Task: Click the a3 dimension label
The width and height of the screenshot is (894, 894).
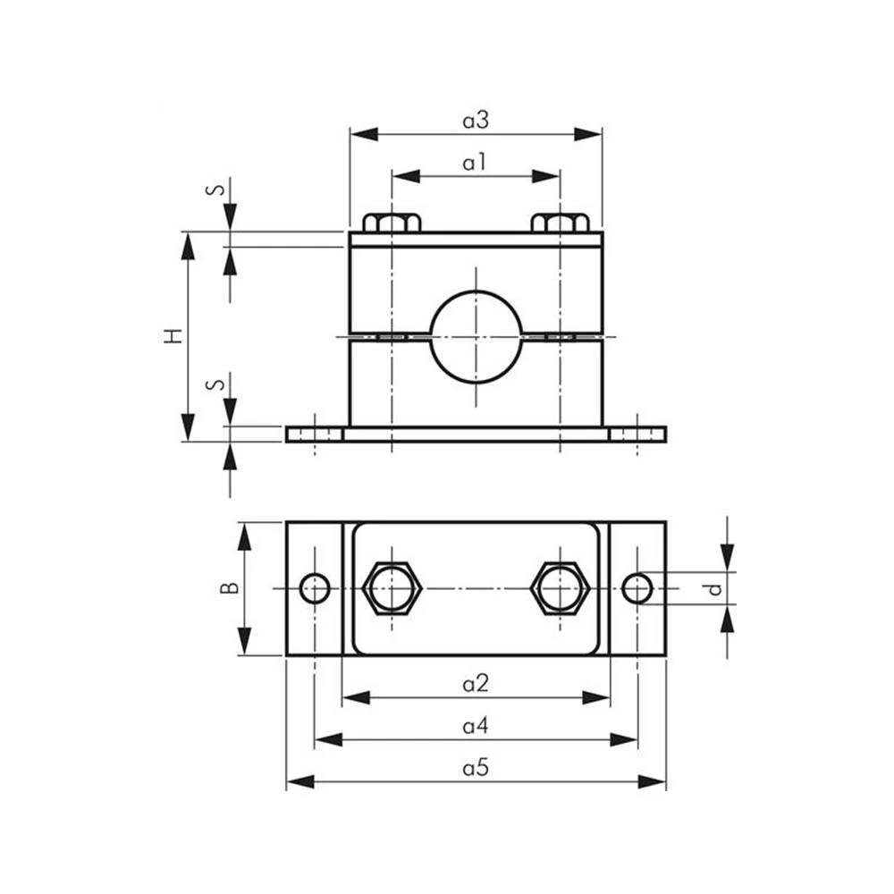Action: (476, 121)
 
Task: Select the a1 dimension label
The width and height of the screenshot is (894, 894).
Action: (475, 163)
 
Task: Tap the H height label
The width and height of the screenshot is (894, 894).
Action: (173, 335)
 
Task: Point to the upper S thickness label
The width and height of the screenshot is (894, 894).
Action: (215, 188)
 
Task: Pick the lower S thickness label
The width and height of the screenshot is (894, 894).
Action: (215, 384)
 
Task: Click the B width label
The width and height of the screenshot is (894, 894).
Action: (229, 587)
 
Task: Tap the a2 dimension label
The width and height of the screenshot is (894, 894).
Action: (476, 683)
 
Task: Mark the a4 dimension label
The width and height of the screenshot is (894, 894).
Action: (476, 726)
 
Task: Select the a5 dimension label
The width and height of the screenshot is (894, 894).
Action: (476, 768)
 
